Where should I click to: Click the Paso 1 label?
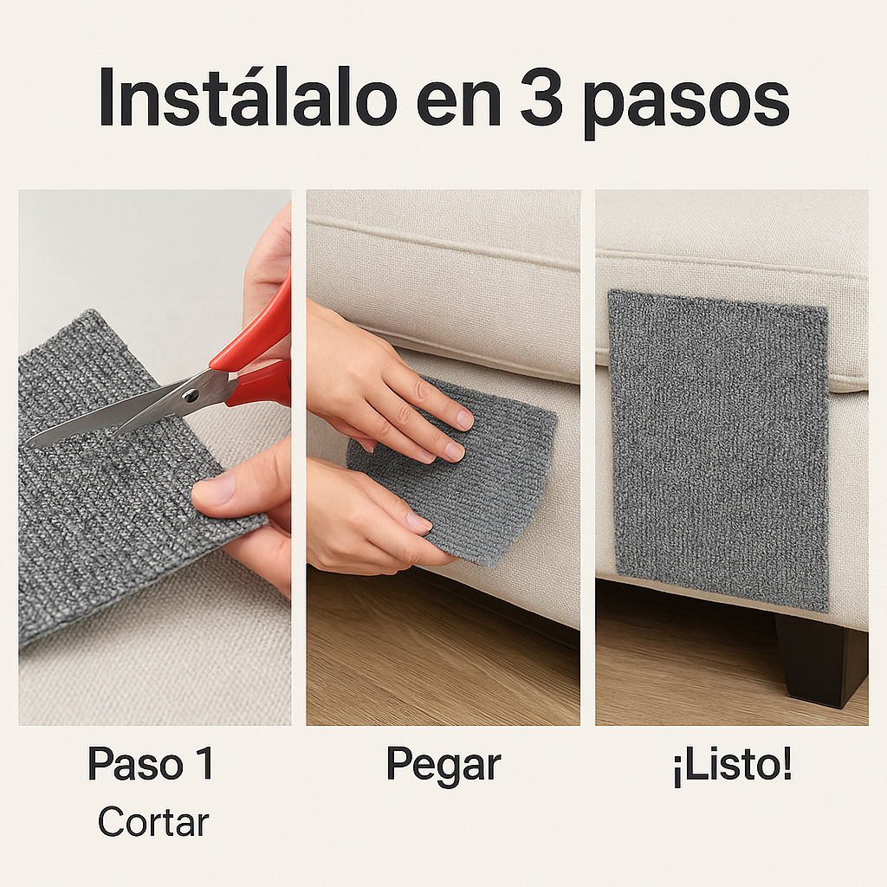151,764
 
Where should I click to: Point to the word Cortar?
153,821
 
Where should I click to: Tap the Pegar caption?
443,765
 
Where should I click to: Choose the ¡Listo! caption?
732,765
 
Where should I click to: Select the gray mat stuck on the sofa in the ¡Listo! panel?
719,446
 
